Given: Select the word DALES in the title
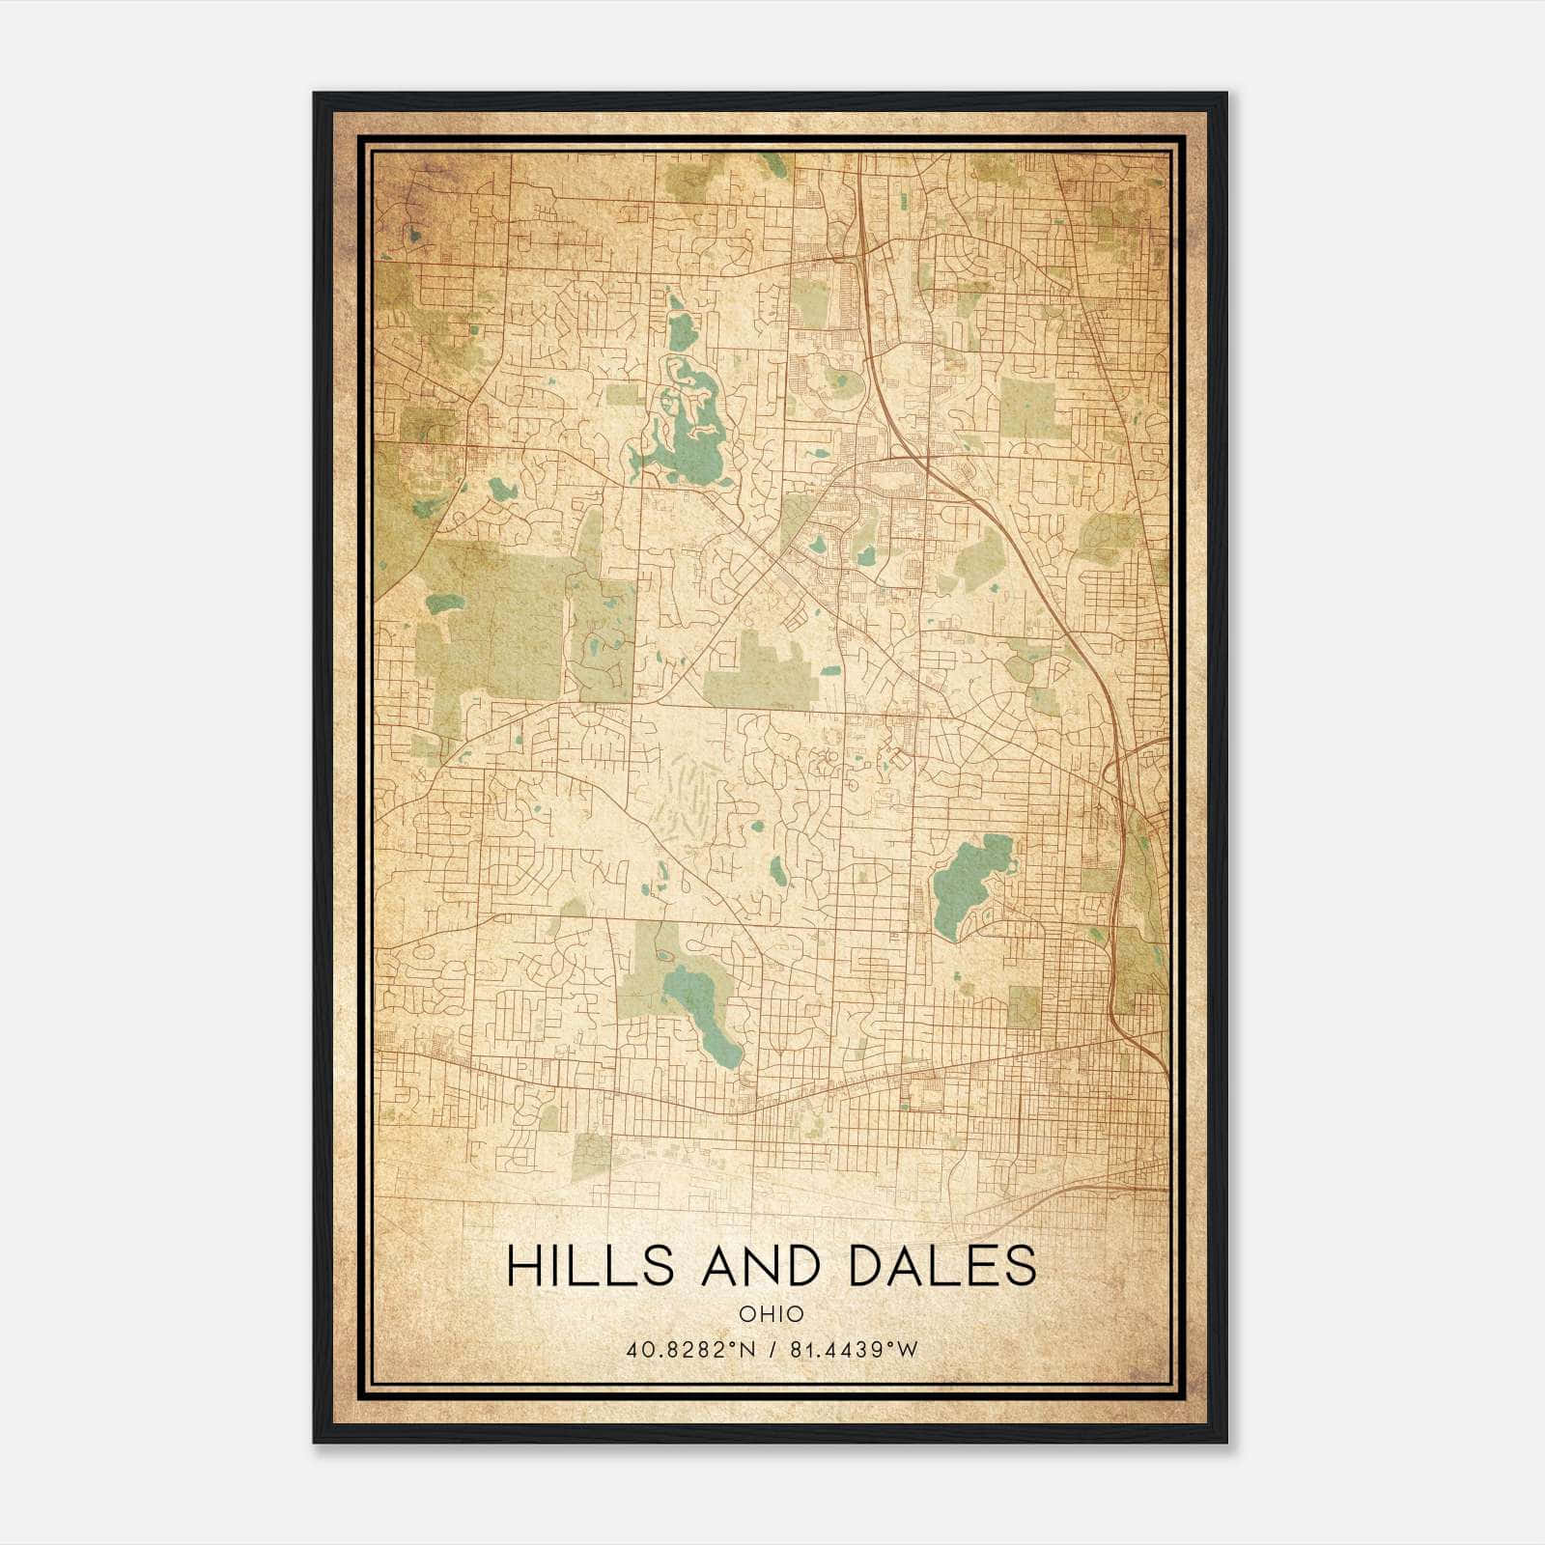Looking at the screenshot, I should [942, 1266].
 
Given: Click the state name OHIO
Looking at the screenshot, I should [771, 1314].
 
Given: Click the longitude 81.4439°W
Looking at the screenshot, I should [854, 1350].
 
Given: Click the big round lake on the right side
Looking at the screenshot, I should [970, 879].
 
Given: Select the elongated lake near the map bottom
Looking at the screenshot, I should [710, 1014].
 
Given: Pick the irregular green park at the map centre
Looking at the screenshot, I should [763, 671].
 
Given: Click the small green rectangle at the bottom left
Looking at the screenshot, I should [592, 1156].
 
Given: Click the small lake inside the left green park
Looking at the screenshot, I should [445, 604].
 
